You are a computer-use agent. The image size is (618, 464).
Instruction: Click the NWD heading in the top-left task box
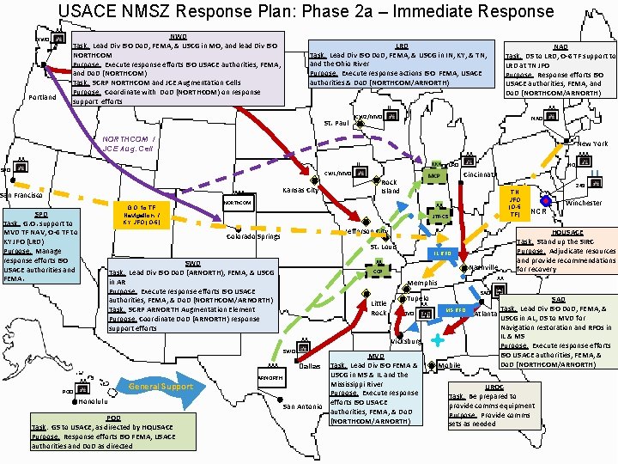coord(178,37)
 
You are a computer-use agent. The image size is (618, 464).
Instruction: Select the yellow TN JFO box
coord(514,203)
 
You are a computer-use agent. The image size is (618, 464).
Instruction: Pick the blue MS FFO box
coord(455,309)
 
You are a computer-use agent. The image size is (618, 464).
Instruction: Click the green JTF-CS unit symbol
coord(439,217)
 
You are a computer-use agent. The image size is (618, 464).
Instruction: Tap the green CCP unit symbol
coord(377,272)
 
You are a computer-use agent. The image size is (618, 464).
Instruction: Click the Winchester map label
coord(583,203)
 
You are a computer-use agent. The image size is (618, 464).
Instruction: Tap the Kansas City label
coord(300,190)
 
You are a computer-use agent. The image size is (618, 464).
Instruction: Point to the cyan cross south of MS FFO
coord(438,340)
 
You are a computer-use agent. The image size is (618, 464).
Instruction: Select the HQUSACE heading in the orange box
coord(566,233)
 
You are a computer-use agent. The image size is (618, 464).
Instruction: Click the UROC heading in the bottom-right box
coord(494,388)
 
